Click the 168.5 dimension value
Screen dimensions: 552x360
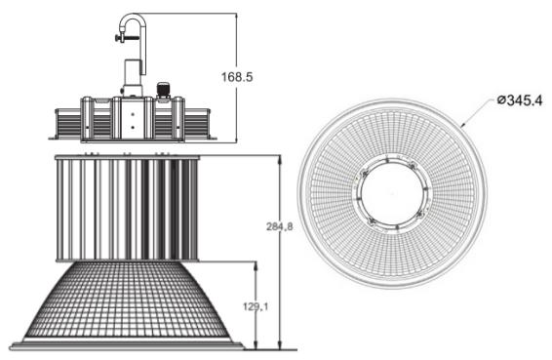pyautogui.click(x=237, y=77)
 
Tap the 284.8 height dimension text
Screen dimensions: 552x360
pyautogui.click(x=279, y=226)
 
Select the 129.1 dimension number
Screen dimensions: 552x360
pyautogui.click(x=256, y=306)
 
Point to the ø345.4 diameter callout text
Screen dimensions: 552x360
pyautogui.click(x=520, y=100)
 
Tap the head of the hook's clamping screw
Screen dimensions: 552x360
pyautogui.click(x=117, y=37)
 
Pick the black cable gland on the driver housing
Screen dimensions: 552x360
pyautogui.click(x=163, y=90)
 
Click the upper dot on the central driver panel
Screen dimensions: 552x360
pyautogui.click(x=133, y=114)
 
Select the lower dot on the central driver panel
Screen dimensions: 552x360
pyautogui.click(x=133, y=127)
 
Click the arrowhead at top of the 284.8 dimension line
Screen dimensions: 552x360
pyautogui.click(x=280, y=158)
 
